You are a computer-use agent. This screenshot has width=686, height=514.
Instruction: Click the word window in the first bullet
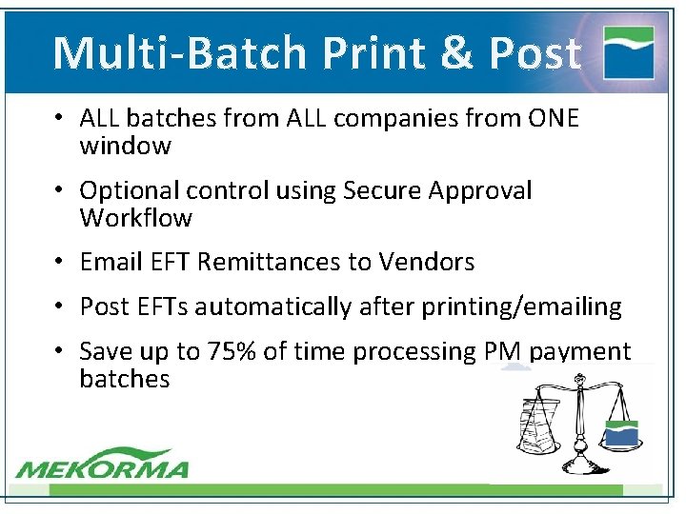(125, 146)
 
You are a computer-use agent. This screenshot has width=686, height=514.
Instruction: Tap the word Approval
(479, 191)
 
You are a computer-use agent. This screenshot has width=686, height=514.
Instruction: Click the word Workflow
(135, 218)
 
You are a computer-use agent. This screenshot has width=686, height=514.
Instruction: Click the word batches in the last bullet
(125, 379)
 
